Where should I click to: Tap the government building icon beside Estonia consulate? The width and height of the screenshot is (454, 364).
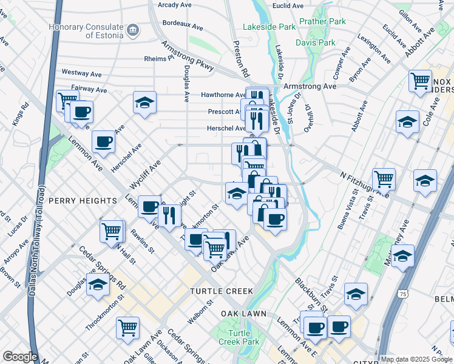pos(132,29)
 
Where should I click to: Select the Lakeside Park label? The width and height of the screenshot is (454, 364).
pos(269,27)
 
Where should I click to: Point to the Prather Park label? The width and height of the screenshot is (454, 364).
pos(322,22)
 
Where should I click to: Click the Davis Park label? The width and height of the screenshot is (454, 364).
pos(316,42)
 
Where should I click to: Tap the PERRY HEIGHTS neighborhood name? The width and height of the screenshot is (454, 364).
pos(83,201)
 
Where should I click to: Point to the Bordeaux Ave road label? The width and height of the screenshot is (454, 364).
pos(183,25)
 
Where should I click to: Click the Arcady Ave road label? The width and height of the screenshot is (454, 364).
pos(175,5)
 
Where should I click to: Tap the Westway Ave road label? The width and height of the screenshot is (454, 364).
pos(81,73)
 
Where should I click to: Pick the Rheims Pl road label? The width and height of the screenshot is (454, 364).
pos(160,59)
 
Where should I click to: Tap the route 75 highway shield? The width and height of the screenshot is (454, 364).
pos(402,294)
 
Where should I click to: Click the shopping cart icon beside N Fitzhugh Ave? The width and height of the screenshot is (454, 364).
pos(384,179)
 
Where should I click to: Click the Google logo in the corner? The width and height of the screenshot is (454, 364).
pos(20,357)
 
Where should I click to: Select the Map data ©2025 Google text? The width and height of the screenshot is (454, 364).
pos(415,359)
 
